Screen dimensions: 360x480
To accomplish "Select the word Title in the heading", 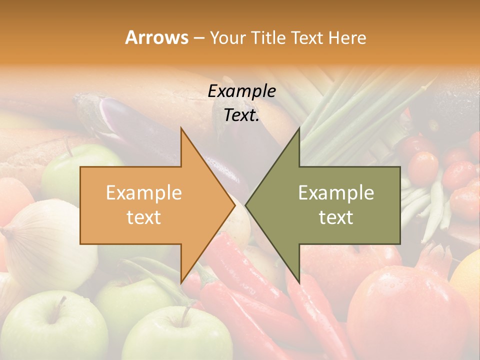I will (268, 38).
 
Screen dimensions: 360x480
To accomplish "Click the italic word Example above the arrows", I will (241, 91).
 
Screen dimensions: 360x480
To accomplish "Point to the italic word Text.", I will (241, 115).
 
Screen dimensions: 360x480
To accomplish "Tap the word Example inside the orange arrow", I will (143, 193).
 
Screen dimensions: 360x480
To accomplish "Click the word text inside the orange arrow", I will (143, 217).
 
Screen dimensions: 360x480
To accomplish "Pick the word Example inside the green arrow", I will (336, 193).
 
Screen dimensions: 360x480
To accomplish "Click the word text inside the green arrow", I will (336, 217).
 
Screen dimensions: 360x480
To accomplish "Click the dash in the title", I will (198, 38).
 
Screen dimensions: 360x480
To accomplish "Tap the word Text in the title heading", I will (307, 38).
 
